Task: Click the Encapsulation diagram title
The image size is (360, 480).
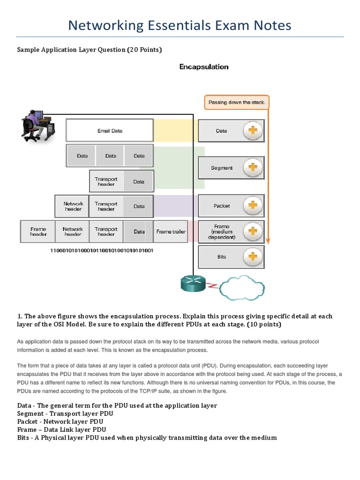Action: (204, 67)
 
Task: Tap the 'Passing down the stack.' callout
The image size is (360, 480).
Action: (237, 102)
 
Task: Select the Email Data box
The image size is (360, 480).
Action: (110, 131)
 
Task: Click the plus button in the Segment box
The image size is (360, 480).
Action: (252, 167)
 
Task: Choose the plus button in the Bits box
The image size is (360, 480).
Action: (252, 256)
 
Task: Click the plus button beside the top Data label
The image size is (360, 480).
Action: (252, 131)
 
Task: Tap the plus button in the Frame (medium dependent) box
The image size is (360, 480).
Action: (252, 231)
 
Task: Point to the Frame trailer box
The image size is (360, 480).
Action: (171, 232)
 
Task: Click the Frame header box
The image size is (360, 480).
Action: (38, 232)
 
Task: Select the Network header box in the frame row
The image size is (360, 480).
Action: (73, 232)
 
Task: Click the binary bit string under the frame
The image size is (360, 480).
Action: (102, 251)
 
